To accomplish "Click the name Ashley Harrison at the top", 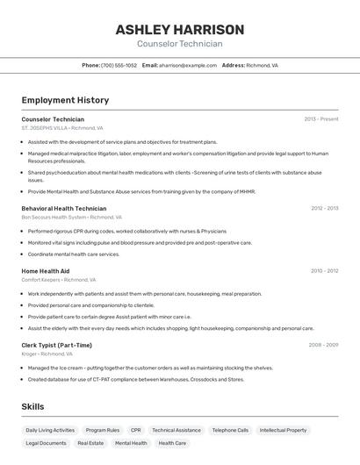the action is click(x=179, y=30).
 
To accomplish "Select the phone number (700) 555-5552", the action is click(x=119, y=65).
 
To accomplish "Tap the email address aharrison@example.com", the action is click(x=187, y=65).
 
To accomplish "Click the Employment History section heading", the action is click(x=65, y=100).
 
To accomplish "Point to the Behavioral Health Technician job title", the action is click(x=64, y=209).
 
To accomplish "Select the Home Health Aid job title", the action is click(x=46, y=271).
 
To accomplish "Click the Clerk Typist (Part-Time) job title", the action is click(x=57, y=346).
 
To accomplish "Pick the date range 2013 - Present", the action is click(x=320, y=119).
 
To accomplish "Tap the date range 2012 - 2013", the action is click(x=324, y=209).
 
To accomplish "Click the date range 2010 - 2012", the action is click(x=324, y=271).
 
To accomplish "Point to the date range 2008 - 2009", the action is click(x=323, y=346).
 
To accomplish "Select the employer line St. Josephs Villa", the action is click(x=61, y=127).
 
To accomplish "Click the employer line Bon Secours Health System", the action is click(x=71, y=217).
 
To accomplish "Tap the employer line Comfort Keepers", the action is click(x=59, y=279).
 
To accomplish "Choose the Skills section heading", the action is click(x=32, y=407).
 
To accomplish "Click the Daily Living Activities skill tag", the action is click(x=50, y=431).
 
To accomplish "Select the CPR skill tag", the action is click(x=135, y=431).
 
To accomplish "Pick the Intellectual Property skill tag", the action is click(x=284, y=431).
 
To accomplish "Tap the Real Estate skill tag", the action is click(x=90, y=444).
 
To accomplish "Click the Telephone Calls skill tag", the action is click(x=230, y=431).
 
